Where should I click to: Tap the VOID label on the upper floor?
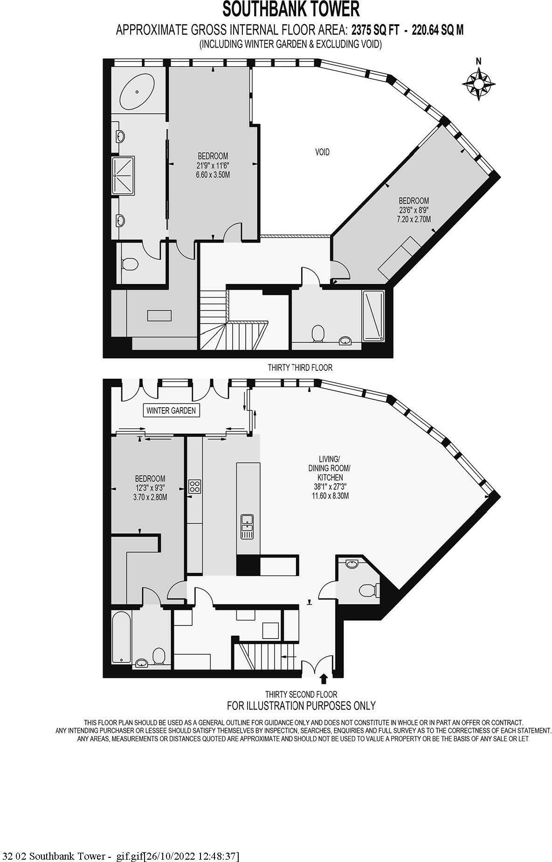click(323, 152)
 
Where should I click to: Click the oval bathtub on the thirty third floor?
click(138, 90)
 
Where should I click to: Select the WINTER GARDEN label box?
click(171, 411)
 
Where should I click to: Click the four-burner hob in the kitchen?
click(194, 487)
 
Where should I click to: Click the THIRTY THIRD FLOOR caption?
click(300, 368)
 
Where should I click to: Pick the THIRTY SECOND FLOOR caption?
click(301, 695)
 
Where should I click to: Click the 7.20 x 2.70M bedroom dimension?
click(414, 219)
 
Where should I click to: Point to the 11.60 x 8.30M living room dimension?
click(330, 496)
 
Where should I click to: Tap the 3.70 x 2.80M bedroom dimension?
click(150, 498)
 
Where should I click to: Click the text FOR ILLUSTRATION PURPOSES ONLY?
click(301, 706)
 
